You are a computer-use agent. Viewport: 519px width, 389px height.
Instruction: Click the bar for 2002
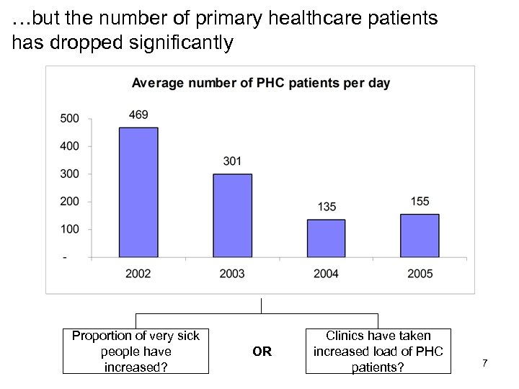(x=138, y=192)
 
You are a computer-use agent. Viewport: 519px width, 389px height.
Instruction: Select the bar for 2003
(x=232, y=215)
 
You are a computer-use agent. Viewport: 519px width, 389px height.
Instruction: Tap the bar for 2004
(x=326, y=238)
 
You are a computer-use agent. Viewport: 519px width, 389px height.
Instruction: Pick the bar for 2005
(x=420, y=236)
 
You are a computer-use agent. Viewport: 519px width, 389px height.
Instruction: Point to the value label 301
(x=232, y=161)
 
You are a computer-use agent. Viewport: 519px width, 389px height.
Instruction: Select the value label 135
(x=326, y=207)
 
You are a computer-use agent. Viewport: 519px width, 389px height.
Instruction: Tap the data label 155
(x=420, y=202)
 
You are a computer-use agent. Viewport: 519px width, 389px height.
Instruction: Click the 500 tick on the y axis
(x=69, y=119)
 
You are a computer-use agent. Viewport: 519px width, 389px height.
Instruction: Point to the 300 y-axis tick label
(x=69, y=174)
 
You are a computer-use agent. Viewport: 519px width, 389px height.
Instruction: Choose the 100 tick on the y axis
(x=69, y=230)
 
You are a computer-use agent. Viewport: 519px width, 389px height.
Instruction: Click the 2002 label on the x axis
(x=138, y=273)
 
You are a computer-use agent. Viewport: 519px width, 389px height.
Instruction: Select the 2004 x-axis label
(x=326, y=273)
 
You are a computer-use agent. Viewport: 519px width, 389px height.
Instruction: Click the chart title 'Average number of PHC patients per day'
(x=260, y=83)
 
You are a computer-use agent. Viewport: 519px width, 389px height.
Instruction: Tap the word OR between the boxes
(x=262, y=352)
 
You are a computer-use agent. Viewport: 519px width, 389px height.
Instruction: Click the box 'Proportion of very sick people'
(x=136, y=352)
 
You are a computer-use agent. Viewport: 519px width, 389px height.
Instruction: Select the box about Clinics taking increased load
(x=378, y=352)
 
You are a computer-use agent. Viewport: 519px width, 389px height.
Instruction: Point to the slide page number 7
(x=485, y=363)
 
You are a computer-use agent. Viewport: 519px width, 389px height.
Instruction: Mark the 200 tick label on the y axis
(x=69, y=202)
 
